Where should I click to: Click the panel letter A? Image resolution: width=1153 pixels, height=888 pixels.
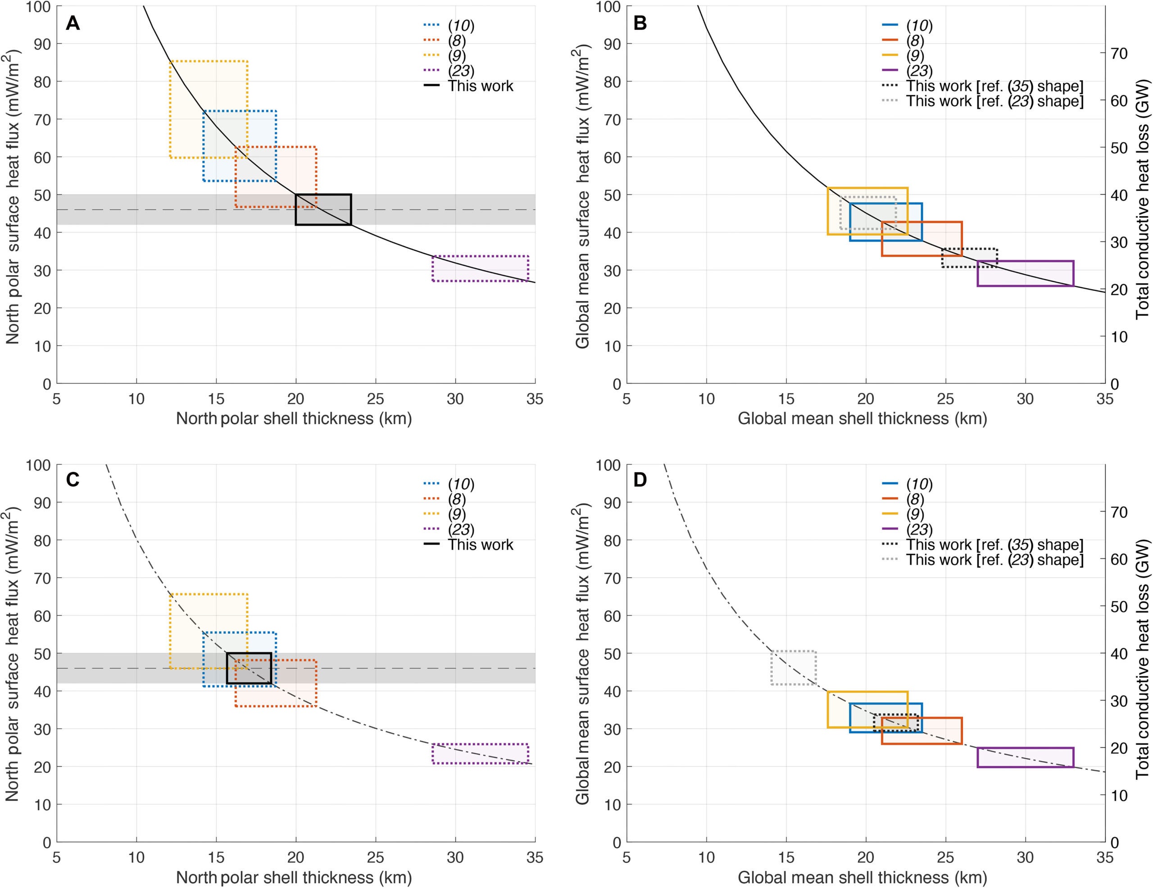[x=73, y=24]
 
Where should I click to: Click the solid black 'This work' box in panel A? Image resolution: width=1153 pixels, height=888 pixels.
[x=323, y=209]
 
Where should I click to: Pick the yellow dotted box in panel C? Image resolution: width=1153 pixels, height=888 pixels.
[x=208, y=631]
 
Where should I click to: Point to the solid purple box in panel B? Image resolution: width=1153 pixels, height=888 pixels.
[x=1025, y=273]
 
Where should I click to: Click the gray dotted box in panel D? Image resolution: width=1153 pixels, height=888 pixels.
[x=793, y=668]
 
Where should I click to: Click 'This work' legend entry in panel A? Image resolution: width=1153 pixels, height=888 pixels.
[x=480, y=86]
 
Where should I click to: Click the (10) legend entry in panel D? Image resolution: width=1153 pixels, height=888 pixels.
[x=919, y=484]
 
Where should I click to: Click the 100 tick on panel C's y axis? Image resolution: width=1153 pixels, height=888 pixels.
[x=38, y=465]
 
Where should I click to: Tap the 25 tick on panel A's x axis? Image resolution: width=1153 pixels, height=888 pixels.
[x=375, y=399]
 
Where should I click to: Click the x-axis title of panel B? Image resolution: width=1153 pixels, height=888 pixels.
[x=862, y=419]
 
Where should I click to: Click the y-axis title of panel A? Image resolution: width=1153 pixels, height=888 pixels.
[x=13, y=196]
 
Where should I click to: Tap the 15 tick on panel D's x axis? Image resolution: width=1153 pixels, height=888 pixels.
[x=786, y=857]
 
